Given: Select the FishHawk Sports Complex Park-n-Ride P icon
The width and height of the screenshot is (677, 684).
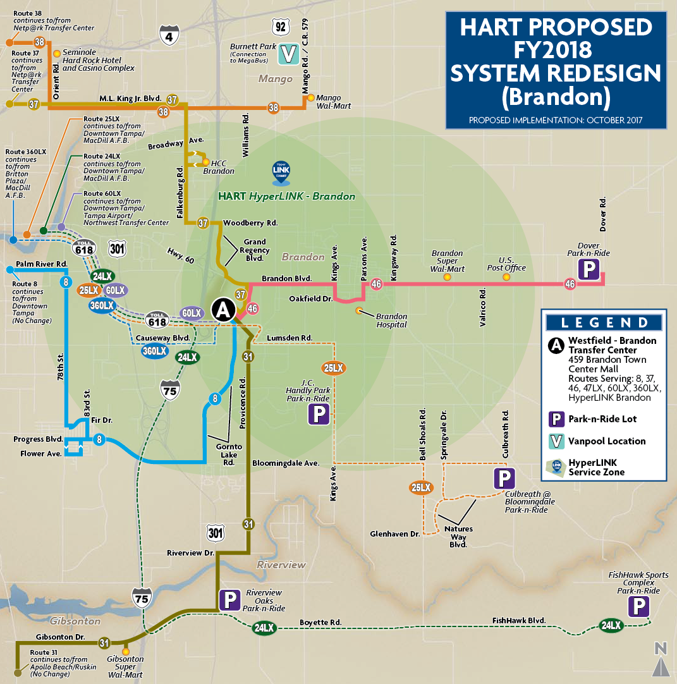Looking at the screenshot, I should click(638, 608).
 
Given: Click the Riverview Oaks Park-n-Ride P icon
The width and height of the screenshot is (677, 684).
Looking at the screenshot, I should click(229, 600).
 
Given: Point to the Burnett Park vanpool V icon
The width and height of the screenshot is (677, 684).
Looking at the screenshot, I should click(288, 54).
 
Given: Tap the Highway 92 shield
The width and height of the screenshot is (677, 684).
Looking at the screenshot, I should click(281, 27).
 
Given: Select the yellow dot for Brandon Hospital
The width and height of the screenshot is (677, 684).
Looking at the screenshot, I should click(359, 310).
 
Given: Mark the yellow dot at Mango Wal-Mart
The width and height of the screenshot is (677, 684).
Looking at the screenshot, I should click(310, 98).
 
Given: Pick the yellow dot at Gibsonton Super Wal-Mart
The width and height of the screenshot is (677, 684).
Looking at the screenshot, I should click(126, 650).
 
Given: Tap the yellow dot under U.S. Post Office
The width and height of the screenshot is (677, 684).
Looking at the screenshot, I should click(506, 277).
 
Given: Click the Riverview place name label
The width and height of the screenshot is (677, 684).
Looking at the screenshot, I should click(281, 565).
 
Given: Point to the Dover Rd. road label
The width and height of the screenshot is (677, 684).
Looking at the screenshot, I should click(603, 213).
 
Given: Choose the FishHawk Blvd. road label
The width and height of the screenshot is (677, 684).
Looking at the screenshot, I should click(518, 621).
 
